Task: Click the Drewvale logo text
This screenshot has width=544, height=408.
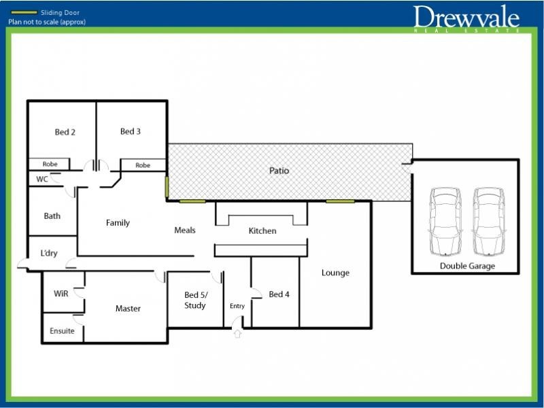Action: click(x=466, y=17)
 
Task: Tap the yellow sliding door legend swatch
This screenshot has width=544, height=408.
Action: click(x=24, y=12)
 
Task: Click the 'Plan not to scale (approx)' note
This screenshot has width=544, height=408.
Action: click(x=47, y=22)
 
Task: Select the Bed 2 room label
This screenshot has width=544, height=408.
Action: click(x=65, y=132)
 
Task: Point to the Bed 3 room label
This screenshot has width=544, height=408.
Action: click(x=131, y=131)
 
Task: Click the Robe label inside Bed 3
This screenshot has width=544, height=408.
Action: click(x=143, y=165)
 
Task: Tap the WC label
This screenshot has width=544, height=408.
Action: click(x=42, y=180)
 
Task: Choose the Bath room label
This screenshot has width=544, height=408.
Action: click(x=52, y=216)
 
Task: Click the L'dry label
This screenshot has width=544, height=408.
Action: click(x=49, y=253)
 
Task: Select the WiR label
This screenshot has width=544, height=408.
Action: click(x=61, y=294)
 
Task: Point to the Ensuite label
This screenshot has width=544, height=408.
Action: click(x=62, y=331)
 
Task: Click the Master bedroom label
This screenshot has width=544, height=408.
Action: click(x=128, y=309)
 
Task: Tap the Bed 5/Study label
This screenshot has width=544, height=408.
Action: click(x=196, y=300)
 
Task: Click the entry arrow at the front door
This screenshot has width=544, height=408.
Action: click(x=237, y=333)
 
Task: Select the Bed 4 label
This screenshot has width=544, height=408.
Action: click(x=279, y=294)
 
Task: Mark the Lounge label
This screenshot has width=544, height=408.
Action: click(x=335, y=273)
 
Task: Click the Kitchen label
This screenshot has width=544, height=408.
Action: click(x=262, y=231)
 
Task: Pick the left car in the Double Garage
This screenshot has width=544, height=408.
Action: click(x=445, y=221)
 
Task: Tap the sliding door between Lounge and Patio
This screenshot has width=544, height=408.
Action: click(x=341, y=201)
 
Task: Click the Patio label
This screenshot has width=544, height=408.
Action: click(x=279, y=171)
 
